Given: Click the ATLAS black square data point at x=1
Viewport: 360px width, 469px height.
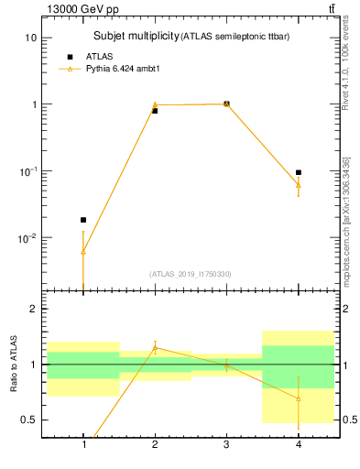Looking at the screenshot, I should point(83,220).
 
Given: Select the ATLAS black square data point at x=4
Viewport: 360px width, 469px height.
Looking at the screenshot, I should point(299,172).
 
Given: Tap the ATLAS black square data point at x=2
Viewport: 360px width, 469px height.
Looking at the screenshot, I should point(155,111).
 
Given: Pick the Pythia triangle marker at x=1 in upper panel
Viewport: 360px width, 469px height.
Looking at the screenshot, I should point(83,251).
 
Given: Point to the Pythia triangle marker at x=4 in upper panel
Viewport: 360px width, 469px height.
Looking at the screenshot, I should point(299,185).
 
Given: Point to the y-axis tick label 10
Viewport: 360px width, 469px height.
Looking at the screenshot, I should point(30,38).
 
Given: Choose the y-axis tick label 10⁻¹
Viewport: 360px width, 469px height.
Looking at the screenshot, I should point(29,171).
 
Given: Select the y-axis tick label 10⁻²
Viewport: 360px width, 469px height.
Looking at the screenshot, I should point(29,238).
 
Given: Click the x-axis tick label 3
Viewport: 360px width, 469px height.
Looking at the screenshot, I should point(227,446).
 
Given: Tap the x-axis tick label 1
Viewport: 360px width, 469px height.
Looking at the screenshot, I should point(83,446).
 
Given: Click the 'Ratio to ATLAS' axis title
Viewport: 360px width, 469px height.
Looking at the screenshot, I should point(13,364).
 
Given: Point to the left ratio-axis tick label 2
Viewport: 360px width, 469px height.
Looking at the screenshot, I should point(34,310).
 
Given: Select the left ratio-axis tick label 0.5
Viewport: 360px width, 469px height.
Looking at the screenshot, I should point(29,420).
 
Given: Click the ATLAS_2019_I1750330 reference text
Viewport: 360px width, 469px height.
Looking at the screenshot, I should point(191,274).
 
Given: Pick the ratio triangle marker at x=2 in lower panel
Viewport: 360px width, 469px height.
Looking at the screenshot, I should point(155,348).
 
